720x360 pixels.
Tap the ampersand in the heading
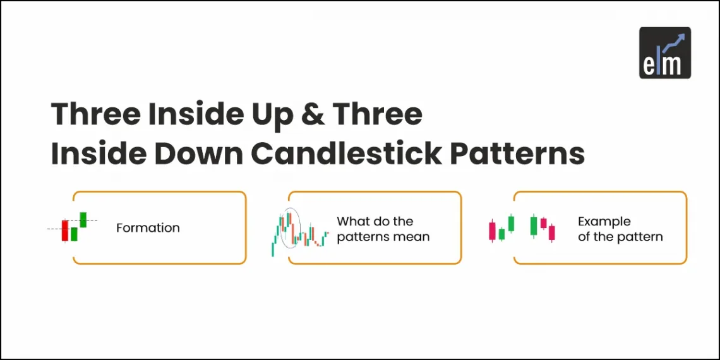(x=314, y=114)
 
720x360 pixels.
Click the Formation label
(x=148, y=228)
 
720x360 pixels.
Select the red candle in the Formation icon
(x=64, y=231)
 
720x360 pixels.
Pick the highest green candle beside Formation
(x=83, y=219)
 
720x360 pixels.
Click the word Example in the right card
(x=604, y=221)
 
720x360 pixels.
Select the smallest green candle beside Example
(x=501, y=234)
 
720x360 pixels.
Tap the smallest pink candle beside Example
(x=543, y=223)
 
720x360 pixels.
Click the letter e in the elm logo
(x=651, y=64)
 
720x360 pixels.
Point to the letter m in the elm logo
(x=674, y=65)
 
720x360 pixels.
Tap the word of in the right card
(x=584, y=237)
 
